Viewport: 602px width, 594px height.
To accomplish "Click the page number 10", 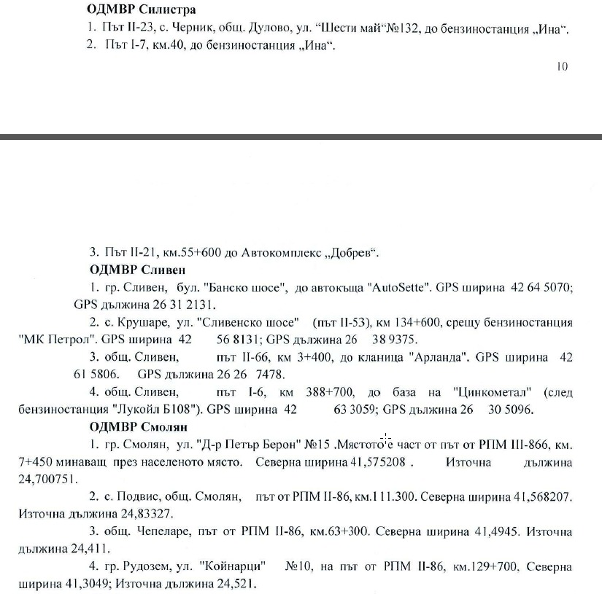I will click(561, 66).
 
